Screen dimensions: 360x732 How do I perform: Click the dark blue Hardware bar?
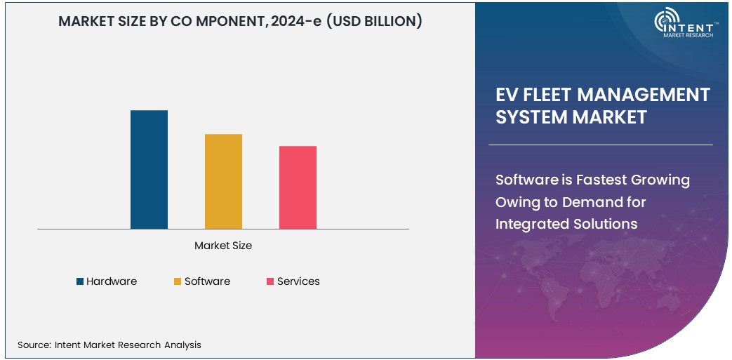click(x=149, y=170)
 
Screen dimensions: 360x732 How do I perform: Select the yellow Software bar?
click(x=223, y=181)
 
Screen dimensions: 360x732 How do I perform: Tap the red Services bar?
click(x=298, y=187)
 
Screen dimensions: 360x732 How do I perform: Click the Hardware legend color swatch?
click(x=80, y=281)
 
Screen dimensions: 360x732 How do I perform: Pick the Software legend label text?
click(x=207, y=281)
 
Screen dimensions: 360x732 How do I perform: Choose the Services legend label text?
click(x=298, y=281)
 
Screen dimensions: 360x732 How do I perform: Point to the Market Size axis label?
click(x=223, y=246)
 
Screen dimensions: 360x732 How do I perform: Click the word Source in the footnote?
click(x=34, y=345)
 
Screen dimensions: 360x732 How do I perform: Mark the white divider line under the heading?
click(x=600, y=145)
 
